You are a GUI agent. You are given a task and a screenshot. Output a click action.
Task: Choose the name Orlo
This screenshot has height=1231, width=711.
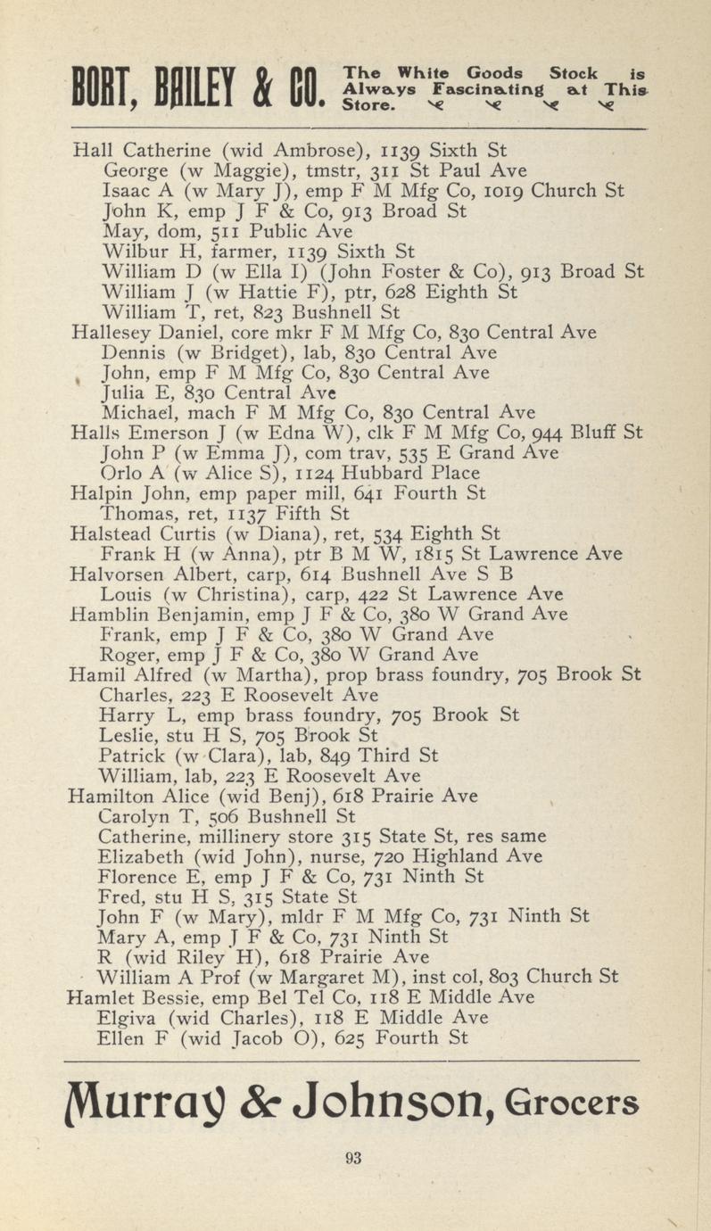click(123, 474)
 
